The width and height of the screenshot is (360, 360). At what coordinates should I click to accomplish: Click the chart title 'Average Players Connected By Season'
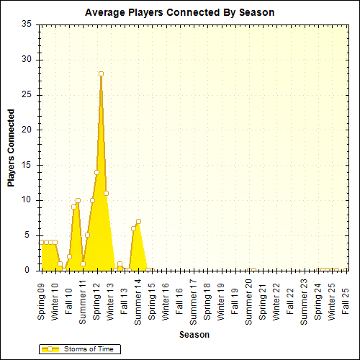tap(179, 13)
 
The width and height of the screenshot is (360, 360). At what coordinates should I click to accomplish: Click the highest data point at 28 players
tap(102, 73)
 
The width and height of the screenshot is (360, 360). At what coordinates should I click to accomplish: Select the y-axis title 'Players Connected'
tap(12, 148)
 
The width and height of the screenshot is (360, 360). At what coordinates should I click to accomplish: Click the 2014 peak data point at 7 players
tap(138, 221)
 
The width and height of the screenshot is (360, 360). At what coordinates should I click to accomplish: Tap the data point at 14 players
tap(96, 172)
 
